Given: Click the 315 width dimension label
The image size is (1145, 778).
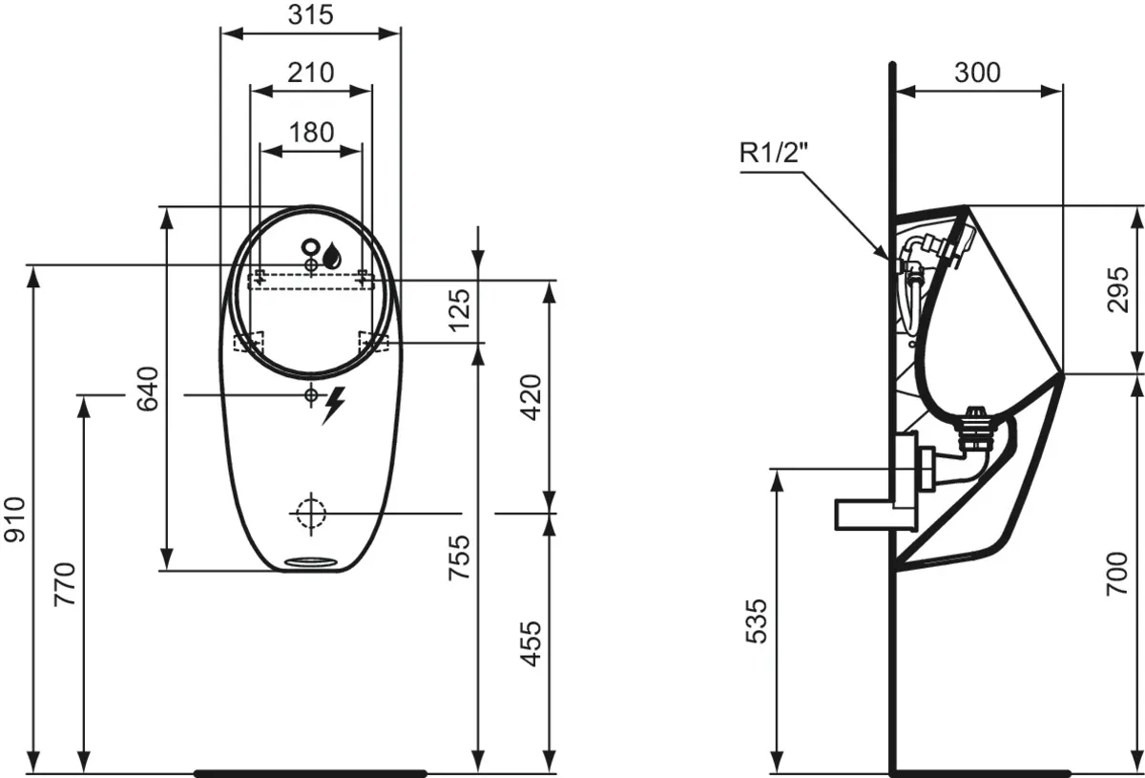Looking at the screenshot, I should coord(310,14).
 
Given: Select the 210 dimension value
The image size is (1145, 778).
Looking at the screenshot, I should coord(310,72).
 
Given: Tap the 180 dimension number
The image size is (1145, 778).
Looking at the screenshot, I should coord(311,132).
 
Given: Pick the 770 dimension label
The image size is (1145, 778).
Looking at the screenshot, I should coord(65,584).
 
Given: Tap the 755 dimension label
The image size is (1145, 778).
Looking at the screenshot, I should coord(459,557).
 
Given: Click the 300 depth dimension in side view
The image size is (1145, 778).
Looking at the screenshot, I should coord(977,73).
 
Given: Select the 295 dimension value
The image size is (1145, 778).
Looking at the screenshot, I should coord(1118,289).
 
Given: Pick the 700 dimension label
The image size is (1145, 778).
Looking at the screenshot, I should coord(1118,574).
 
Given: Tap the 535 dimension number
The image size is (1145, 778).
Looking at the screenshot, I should coord(755,621).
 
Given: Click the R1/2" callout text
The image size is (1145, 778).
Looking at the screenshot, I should coord(770,153).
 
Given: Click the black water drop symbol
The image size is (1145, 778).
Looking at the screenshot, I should coord(332,255).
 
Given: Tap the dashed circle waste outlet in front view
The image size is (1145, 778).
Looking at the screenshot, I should coord(310,513).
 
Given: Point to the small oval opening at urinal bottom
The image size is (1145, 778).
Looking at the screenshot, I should coord(311,561).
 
